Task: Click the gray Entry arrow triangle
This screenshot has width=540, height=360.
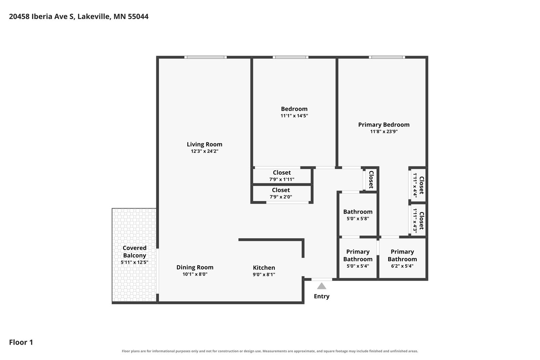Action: (322, 286)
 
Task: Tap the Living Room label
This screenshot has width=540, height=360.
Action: (204, 144)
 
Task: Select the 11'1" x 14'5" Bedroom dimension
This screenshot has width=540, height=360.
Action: (294, 116)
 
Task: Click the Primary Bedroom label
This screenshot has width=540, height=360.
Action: (384, 125)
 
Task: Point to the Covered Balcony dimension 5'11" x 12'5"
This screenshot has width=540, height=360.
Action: (135, 262)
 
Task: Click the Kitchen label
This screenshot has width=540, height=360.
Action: (264, 268)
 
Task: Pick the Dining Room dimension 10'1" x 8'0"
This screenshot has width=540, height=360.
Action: (195, 274)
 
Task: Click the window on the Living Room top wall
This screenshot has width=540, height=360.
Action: (205, 57)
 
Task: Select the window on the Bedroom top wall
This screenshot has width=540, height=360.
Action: (290, 57)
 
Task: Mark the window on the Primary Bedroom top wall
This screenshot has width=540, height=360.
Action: (387, 57)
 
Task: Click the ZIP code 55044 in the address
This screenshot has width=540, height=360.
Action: (138, 17)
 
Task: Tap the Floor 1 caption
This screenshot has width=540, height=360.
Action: (21, 342)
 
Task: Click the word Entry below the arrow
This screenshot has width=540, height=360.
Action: (322, 296)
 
